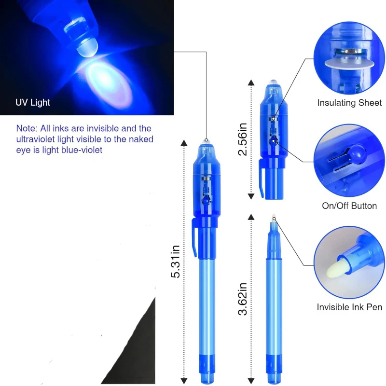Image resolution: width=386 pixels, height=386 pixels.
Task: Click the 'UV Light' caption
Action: (33, 102)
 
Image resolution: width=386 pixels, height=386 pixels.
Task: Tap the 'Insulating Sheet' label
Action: (349, 103)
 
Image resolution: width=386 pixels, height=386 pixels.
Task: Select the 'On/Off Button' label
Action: (349, 206)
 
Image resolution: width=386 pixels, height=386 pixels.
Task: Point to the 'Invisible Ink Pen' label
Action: (349, 307)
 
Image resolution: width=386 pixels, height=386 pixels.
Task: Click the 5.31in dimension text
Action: (176, 262)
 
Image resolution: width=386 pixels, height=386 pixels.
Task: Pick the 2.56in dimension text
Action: (243, 139)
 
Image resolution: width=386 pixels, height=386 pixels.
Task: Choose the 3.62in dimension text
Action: (243, 299)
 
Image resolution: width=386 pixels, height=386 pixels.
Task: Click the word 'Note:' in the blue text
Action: (27, 128)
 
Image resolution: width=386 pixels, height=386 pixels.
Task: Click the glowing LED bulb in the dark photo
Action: (87, 47)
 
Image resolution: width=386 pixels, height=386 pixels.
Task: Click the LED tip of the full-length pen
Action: (206, 142)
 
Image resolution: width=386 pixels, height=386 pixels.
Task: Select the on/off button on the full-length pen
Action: (206, 200)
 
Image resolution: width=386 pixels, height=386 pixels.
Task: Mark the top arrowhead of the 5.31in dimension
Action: (184, 143)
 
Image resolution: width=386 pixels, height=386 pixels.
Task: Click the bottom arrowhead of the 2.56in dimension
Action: (251, 196)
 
